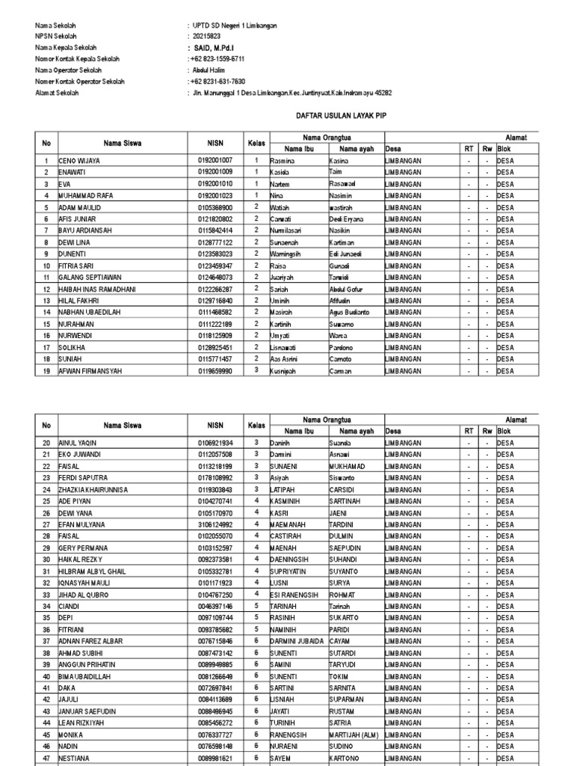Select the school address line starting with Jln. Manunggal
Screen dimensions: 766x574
pos(292,93)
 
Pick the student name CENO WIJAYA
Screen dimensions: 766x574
pos(79,161)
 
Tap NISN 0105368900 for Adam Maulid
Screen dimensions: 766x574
pos(215,207)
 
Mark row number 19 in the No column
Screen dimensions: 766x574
pos(46,370)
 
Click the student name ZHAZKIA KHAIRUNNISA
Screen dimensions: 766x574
pos(93,489)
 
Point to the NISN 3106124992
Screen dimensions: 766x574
pos(215,524)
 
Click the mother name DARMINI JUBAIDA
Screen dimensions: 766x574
pos(297,641)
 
